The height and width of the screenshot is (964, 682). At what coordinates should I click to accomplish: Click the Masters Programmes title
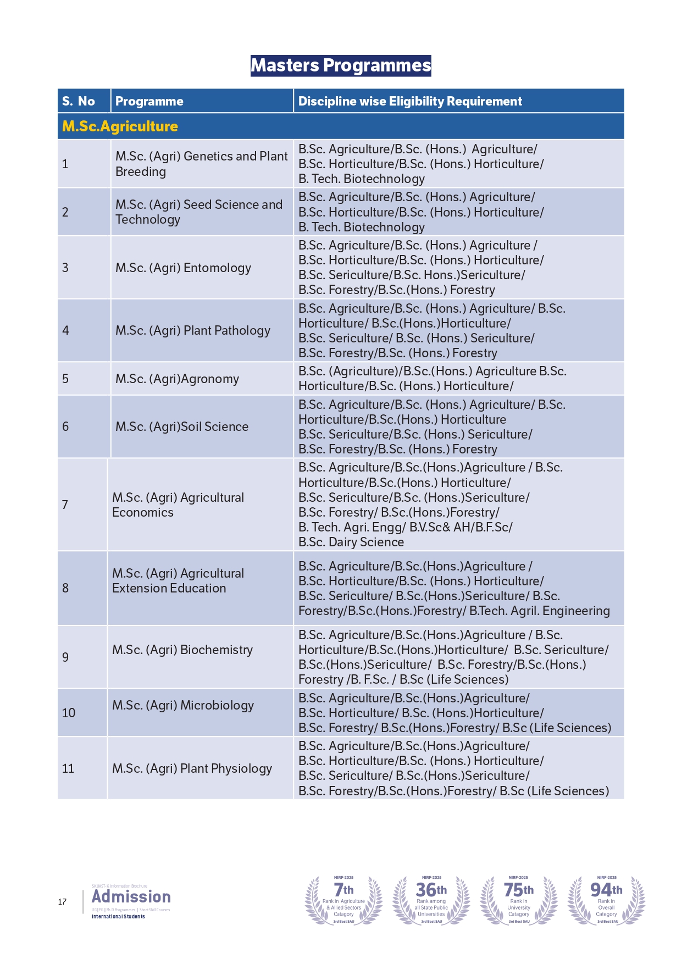point(341,65)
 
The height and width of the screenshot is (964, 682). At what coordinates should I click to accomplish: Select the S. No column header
point(79,101)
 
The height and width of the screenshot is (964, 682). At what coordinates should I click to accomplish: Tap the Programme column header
point(149,101)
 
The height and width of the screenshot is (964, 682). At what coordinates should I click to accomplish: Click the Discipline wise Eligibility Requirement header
point(410,101)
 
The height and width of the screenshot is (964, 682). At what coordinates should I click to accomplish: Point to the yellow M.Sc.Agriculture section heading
point(120,126)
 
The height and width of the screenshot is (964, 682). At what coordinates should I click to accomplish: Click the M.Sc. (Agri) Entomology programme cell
point(183,268)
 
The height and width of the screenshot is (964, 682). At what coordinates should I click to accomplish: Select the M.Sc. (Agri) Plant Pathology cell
point(193,330)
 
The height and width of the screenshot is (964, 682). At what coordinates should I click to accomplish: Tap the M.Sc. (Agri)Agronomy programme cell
point(177,379)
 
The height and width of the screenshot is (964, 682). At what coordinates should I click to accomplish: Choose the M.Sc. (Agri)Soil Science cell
point(182,426)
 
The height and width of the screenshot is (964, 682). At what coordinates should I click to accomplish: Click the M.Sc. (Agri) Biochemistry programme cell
point(182,650)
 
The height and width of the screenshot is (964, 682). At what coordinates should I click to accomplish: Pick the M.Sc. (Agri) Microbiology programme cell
point(183,705)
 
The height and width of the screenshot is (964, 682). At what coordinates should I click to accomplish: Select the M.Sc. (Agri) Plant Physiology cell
point(192,768)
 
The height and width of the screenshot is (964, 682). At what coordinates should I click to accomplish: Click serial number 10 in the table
point(69,713)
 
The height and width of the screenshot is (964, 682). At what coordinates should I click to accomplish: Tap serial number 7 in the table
point(65,505)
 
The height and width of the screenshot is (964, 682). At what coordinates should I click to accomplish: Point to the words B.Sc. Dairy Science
point(351,542)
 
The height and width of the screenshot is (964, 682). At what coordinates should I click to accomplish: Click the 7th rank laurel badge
point(344,900)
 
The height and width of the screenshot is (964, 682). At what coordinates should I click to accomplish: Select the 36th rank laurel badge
point(431,900)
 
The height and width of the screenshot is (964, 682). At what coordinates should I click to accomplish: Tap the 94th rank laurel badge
point(606,900)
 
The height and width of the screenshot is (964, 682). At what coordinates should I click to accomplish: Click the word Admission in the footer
point(131,896)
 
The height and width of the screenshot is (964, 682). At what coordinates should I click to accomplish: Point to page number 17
point(63,901)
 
